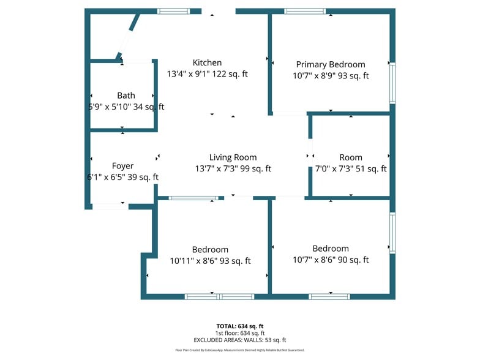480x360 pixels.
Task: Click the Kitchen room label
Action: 207,62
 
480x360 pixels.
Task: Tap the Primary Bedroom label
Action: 330,64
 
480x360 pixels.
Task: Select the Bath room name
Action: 126,96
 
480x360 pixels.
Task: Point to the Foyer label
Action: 122,166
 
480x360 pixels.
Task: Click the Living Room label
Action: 233,157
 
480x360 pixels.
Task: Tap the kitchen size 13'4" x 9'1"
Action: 189,74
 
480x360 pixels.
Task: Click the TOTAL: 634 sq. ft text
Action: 239,326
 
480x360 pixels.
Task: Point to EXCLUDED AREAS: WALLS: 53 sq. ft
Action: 239,340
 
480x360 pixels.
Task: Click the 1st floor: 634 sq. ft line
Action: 239,333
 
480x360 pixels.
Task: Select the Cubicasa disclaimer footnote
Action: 239,350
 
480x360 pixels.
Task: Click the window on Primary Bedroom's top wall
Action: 305,11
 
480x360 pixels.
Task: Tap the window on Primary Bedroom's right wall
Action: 392,83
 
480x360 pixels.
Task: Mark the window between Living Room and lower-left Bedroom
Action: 193,198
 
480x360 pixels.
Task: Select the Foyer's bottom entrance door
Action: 110,206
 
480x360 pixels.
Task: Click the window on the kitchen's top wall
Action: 174,11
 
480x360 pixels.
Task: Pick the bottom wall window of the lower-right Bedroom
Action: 329,297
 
